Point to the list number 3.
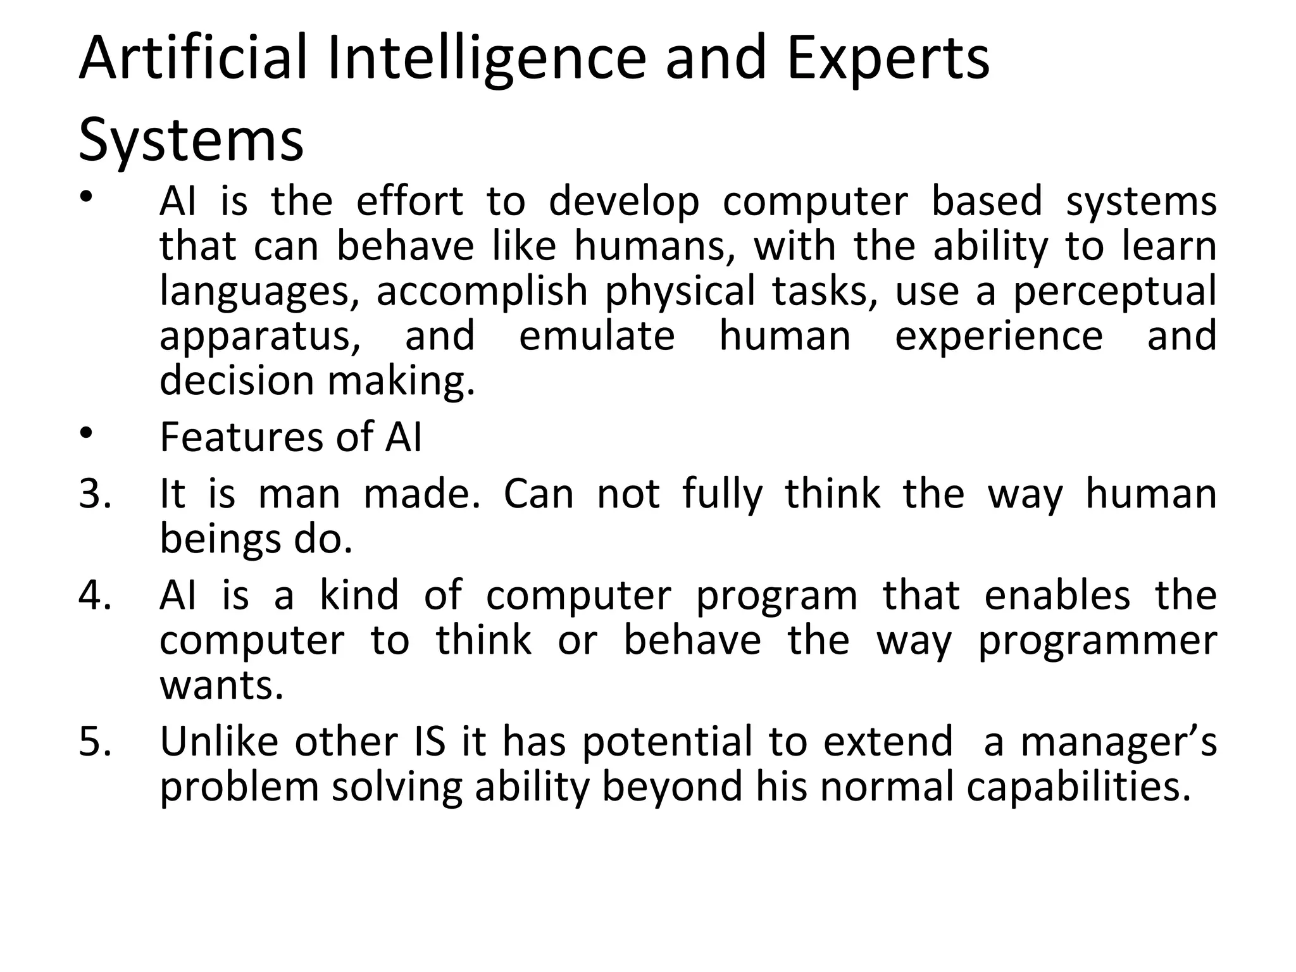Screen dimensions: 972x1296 [95, 494]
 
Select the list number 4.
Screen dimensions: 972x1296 [95, 595]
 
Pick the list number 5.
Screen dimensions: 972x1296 [95, 742]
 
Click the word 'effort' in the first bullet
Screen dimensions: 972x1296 [410, 202]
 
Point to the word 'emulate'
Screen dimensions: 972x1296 [597, 335]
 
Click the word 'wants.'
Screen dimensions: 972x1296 [221, 686]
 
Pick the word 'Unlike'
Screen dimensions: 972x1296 [219, 741]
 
